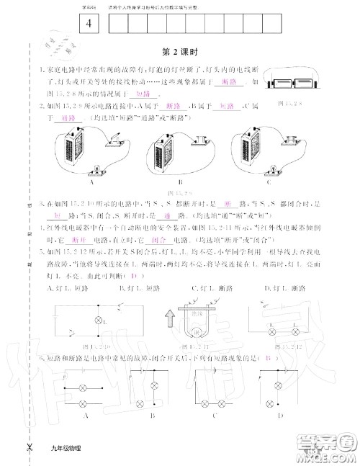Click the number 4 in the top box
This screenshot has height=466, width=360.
(x=89, y=23)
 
